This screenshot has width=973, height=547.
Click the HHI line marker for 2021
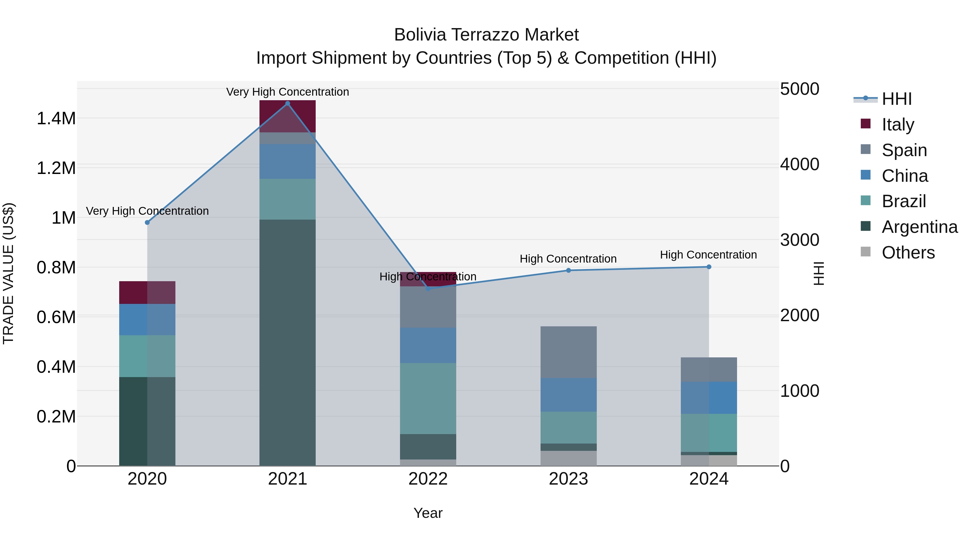pos(288,103)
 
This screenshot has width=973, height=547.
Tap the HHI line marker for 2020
pos(147,222)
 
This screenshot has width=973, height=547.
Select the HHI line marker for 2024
pos(709,267)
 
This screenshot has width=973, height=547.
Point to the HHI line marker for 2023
pos(568,270)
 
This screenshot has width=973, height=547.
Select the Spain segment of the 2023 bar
pos(568,352)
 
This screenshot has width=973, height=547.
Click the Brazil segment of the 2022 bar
pos(428,398)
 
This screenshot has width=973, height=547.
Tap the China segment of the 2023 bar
pos(568,394)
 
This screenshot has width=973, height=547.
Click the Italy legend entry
pos(898,124)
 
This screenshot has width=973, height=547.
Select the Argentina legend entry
pos(919,227)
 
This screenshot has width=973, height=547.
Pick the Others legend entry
pos(908,253)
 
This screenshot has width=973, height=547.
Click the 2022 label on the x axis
pos(428,479)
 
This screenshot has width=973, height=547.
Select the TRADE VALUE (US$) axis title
pos(8,273)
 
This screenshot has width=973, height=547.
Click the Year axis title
pos(428,513)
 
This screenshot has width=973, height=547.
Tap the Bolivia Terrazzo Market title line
pos(486,35)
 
